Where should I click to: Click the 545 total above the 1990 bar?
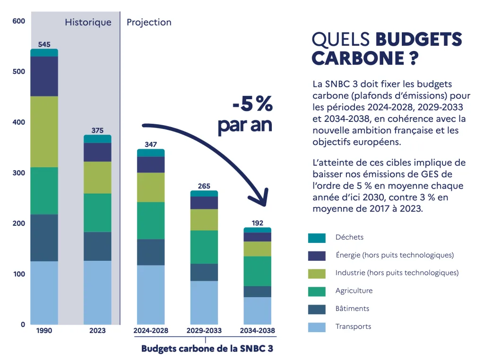click(44, 44)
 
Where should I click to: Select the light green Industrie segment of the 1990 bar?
click(44, 131)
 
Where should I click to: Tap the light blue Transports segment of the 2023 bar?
click(97, 292)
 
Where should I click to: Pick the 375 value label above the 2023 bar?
click(97, 130)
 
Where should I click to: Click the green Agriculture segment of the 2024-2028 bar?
click(151, 221)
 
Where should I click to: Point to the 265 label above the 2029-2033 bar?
click(204, 186)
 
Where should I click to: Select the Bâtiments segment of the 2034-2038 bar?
click(258, 291)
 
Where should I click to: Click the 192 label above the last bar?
click(258, 223)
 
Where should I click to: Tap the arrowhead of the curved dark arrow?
click(259, 198)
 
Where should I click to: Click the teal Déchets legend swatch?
click(317, 238)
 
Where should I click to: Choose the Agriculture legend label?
click(354, 291)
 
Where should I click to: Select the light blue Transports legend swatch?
click(317, 326)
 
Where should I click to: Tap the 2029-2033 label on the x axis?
click(204, 331)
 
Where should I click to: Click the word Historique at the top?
click(88, 22)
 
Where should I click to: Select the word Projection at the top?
click(149, 22)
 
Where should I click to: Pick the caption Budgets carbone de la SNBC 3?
click(207, 349)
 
